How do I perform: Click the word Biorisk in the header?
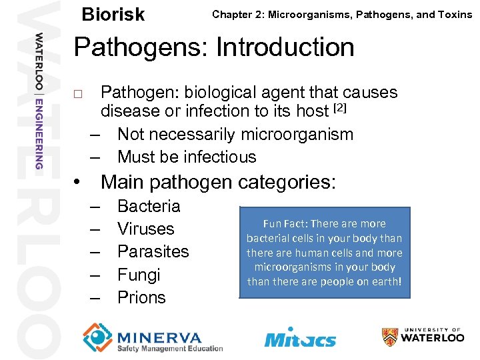click(113, 15)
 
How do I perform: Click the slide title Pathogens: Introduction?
click(214, 47)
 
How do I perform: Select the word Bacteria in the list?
click(148, 206)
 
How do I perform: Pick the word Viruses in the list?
click(145, 229)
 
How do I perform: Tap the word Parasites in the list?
click(153, 251)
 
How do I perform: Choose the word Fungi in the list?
click(139, 275)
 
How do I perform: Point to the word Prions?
click(141, 297)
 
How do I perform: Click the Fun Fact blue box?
click(325, 252)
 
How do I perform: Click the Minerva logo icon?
click(97, 337)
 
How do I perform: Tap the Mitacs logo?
click(299, 337)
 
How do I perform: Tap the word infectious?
click(216, 157)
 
